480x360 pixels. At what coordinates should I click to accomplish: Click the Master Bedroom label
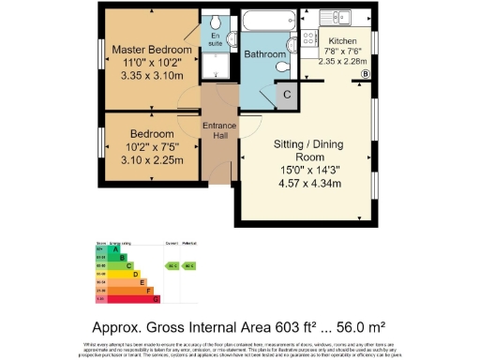pyautogui.click(x=150, y=49)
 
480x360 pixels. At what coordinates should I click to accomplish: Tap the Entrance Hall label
pyautogui.click(x=220, y=132)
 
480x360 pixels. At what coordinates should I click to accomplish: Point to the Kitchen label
pyautogui.click(x=341, y=41)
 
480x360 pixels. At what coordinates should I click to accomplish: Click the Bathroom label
pyautogui.click(x=264, y=55)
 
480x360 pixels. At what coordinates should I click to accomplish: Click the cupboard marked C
pyautogui.click(x=287, y=93)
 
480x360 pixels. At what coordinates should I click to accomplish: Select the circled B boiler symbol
pyautogui.click(x=367, y=73)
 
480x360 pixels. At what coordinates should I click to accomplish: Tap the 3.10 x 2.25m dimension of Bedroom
pyautogui.click(x=149, y=158)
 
